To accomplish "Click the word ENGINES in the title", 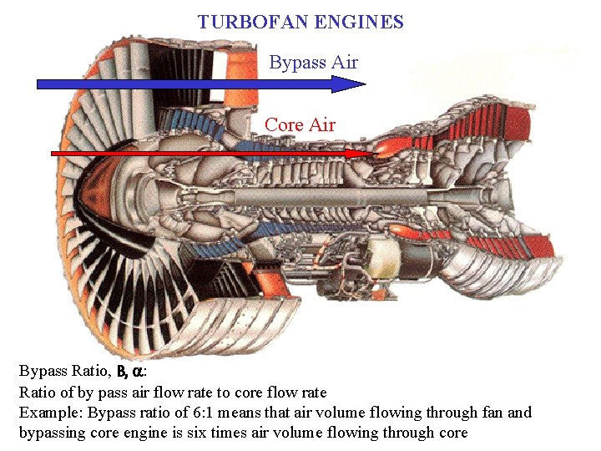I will [x=362, y=22].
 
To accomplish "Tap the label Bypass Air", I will [x=313, y=63].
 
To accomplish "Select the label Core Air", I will [x=300, y=125].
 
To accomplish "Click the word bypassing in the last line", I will [x=53, y=433].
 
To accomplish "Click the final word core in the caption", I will [x=452, y=433].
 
